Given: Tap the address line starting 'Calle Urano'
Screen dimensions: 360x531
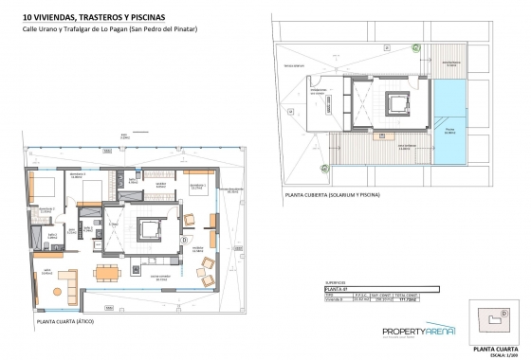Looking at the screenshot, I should click(109, 30).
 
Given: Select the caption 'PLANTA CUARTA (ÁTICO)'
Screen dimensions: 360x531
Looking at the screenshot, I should click(70, 322).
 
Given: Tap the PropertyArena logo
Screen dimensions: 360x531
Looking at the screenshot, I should click(418, 332).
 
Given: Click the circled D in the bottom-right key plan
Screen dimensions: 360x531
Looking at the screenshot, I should click(504, 312).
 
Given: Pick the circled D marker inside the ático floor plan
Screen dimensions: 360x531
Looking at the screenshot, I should click(183, 241).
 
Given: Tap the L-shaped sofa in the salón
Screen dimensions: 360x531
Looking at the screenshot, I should click(63, 281).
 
